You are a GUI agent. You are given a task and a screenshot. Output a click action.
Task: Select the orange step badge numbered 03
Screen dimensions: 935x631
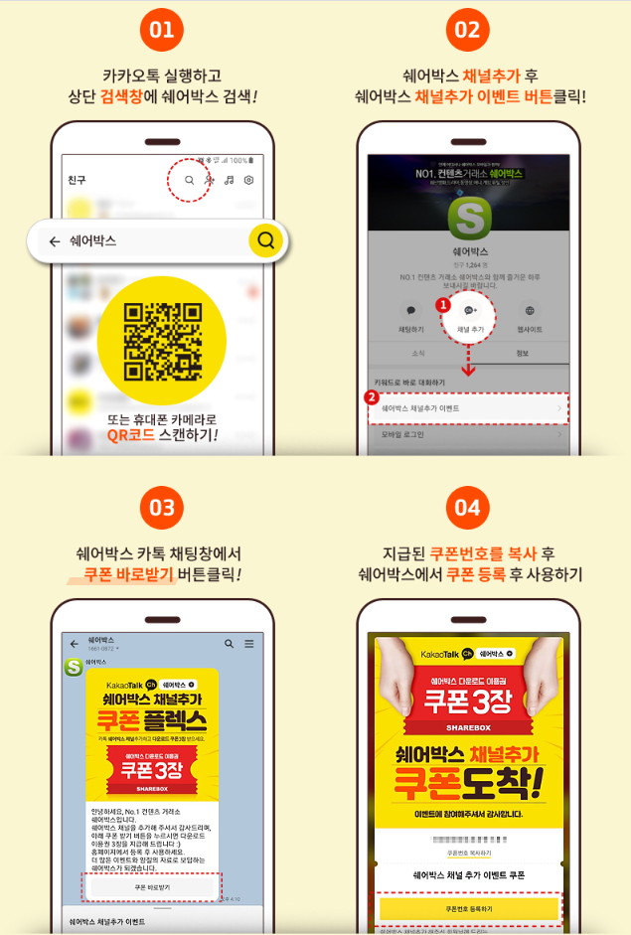click(160, 509)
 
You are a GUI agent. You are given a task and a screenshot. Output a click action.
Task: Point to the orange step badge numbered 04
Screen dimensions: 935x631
click(466, 509)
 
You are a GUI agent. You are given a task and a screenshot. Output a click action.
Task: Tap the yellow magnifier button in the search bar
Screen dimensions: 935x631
click(265, 240)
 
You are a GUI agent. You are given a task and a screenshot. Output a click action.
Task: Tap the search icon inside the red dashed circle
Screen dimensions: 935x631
click(190, 180)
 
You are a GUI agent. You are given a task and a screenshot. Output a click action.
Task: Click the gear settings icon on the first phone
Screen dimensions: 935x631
click(249, 180)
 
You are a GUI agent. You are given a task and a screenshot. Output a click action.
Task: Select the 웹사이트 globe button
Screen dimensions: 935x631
click(530, 316)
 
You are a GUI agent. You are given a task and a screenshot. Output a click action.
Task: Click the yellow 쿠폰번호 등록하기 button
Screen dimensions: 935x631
click(468, 908)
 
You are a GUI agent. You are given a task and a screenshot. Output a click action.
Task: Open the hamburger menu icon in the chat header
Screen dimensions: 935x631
click(249, 644)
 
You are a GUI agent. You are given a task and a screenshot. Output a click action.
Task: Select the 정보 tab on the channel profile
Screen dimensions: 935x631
click(523, 353)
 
